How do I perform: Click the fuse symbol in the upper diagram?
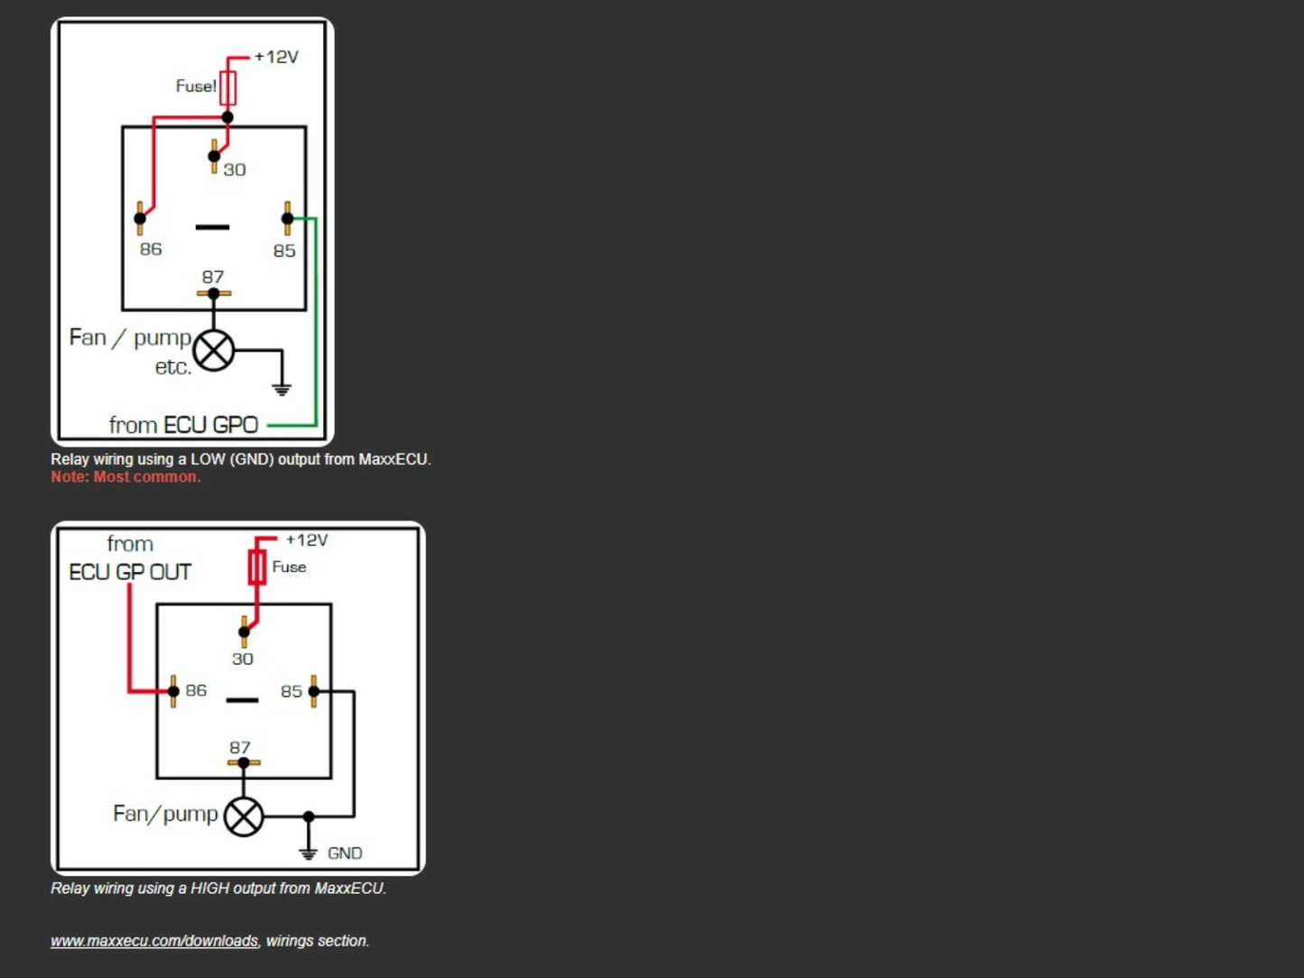227,88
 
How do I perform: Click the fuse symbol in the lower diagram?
256,567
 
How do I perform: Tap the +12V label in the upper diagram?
276,57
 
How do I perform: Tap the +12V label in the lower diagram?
307,540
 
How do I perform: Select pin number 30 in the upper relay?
235,170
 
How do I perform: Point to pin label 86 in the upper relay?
151,249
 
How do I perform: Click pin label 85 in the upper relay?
284,251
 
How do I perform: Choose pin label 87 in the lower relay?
240,747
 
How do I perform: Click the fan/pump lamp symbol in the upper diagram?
214,350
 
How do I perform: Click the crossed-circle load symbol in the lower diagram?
244,817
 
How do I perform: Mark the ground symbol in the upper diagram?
282,390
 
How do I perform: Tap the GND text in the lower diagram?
345,853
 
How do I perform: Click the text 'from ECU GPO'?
183,425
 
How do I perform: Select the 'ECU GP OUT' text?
130,572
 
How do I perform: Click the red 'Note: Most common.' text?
126,477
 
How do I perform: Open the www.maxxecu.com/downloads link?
154,941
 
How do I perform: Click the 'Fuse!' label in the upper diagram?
196,86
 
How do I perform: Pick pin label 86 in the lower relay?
196,690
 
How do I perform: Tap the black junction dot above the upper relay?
227,117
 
